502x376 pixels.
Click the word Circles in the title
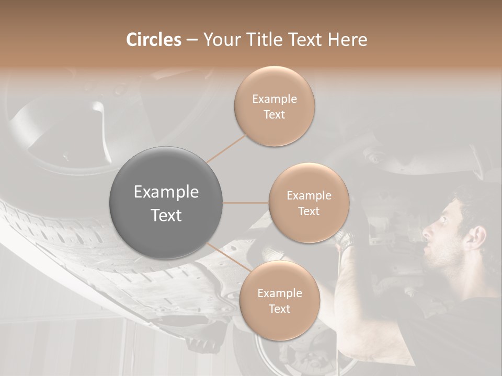[153, 40]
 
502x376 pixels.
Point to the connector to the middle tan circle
[246, 203]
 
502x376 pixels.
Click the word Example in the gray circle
[166, 192]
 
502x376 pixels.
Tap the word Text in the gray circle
[166, 215]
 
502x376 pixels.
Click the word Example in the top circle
[275, 99]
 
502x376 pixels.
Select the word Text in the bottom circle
[279, 309]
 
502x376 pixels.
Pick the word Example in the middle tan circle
[309, 196]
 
